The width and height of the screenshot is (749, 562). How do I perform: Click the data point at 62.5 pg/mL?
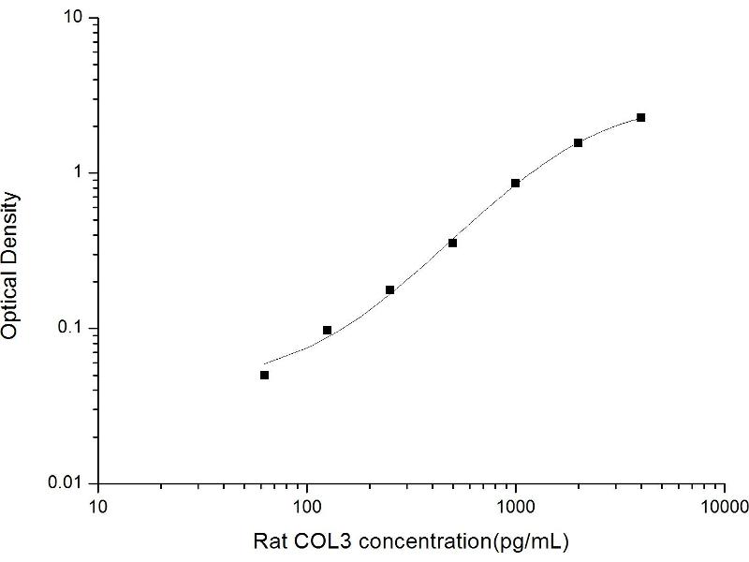tap(265, 375)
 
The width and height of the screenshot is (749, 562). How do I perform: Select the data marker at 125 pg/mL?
tap(328, 330)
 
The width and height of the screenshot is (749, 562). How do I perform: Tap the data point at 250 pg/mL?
tap(390, 290)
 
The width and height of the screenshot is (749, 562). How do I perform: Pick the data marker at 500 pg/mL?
tap(453, 243)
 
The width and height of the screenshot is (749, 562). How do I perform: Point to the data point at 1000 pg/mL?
tap(516, 184)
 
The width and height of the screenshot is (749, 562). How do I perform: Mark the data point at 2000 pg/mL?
tap(579, 142)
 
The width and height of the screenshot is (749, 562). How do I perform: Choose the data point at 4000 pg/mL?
tap(641, 117)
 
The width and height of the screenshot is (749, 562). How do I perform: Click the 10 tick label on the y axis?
tap(77, 19)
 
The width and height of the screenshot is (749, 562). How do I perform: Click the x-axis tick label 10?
tap(98, 507)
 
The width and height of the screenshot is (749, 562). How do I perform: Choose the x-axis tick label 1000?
tap(516, 507)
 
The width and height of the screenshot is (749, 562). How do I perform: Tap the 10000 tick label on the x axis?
tap(724, 507)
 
